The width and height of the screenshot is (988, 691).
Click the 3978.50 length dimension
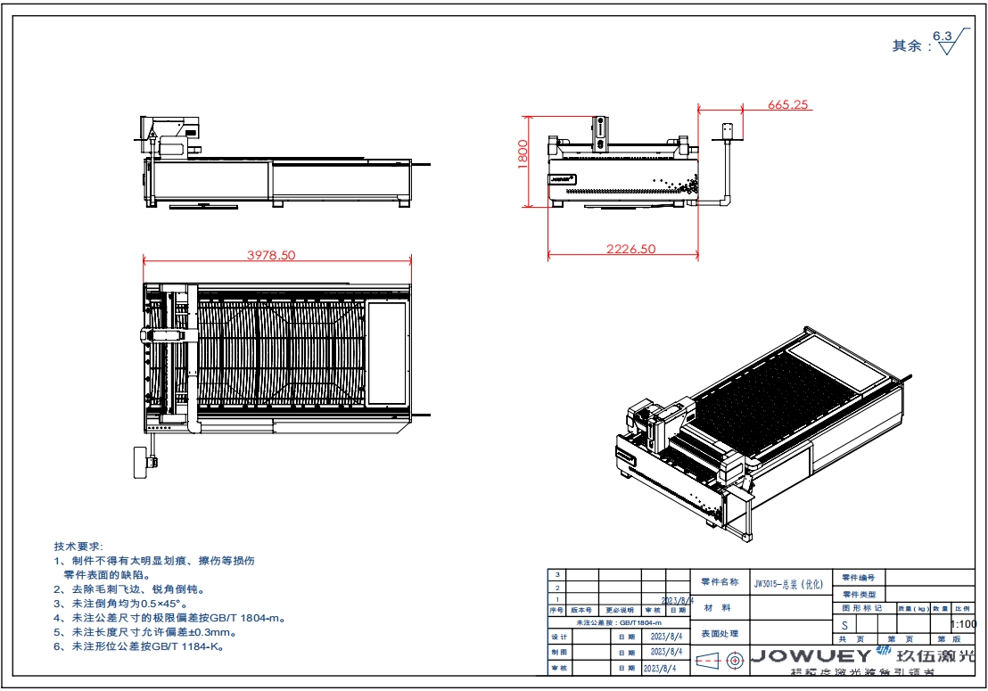click(271, 255)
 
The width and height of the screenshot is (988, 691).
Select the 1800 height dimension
click(523, 156)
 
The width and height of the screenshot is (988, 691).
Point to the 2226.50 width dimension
click(630, 250)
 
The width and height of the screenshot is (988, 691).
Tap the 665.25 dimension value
click(787, 104)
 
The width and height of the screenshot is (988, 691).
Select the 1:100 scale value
click(964, 624)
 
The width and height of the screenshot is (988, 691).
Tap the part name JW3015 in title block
click(789, 582)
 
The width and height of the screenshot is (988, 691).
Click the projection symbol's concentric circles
click(735, 661)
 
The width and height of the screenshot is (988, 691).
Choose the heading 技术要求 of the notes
click(78, 546)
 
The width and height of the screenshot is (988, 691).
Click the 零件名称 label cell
click(720, 582)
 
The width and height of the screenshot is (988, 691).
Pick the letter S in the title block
click(844, 625)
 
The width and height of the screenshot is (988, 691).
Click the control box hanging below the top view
click(143, 460)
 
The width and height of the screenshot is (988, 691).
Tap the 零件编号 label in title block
click(859, 578)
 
